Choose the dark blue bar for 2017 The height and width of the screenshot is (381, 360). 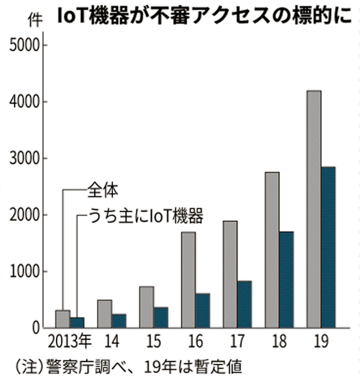pos(244,304)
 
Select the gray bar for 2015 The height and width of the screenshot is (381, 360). pos(146,307)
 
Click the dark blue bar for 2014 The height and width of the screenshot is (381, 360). pos(119,321)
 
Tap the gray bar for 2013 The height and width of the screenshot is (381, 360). pos(62,319)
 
